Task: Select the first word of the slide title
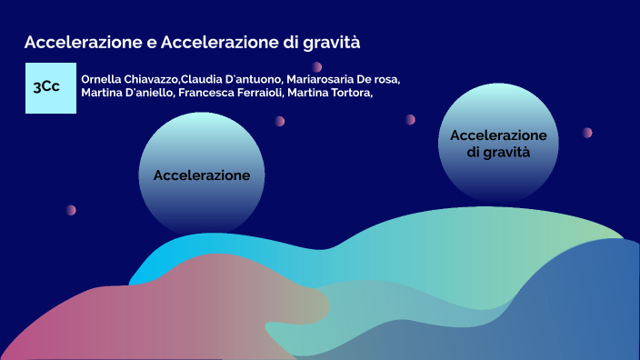[84, 42]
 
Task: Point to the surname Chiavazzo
[153, 79]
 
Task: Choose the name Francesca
[207, 93]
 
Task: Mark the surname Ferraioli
[261, 93]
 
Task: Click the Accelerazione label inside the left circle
[202, 174]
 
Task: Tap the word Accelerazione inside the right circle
[498, 135]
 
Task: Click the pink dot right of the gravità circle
[587, 133]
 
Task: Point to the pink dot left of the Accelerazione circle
[71, 210]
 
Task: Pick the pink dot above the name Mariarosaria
[316, 66]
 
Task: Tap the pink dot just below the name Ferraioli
[280, 121]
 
